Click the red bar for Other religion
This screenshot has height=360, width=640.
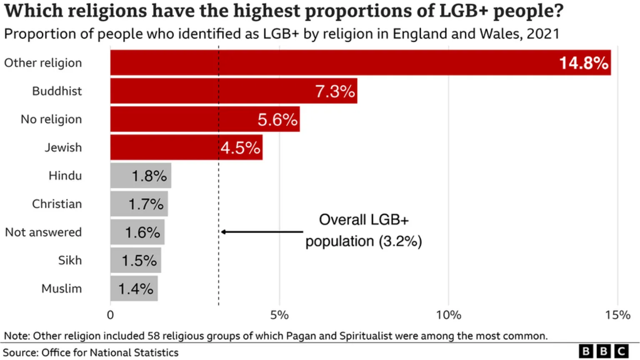coord(333,62)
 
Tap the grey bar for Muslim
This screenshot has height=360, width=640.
coord(134,288)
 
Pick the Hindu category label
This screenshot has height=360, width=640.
coord(65,176)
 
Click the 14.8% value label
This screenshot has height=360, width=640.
coord(583,63)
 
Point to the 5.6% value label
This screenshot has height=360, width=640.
coord(277,120)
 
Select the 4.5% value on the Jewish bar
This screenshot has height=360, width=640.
coord(240,148)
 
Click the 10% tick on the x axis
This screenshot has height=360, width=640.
coord(448,315)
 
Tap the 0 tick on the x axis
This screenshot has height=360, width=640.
coord(110,315)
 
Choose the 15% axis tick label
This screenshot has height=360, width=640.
coord(617,315)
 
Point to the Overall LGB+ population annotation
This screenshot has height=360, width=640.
coord(364,230)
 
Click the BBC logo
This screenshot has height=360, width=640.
coord(603,351)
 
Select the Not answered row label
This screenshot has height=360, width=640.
coord(43,232)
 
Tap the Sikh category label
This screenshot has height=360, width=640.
coord(70,260)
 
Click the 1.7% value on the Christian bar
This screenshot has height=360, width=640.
coord(146,204)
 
